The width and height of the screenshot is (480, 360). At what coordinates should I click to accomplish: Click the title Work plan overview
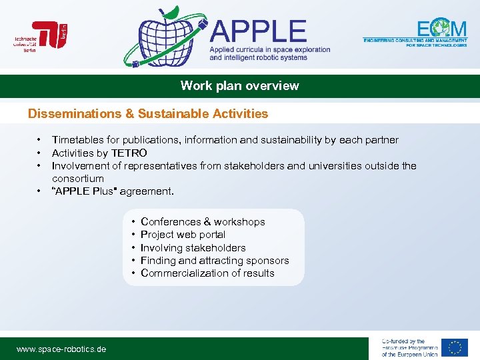240,86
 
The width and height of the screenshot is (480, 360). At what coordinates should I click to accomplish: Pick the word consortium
78,179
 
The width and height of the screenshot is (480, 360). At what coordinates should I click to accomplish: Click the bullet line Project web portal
183,235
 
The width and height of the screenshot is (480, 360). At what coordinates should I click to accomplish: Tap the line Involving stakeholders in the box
193,248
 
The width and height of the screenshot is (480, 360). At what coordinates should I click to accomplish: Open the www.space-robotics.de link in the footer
61,349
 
